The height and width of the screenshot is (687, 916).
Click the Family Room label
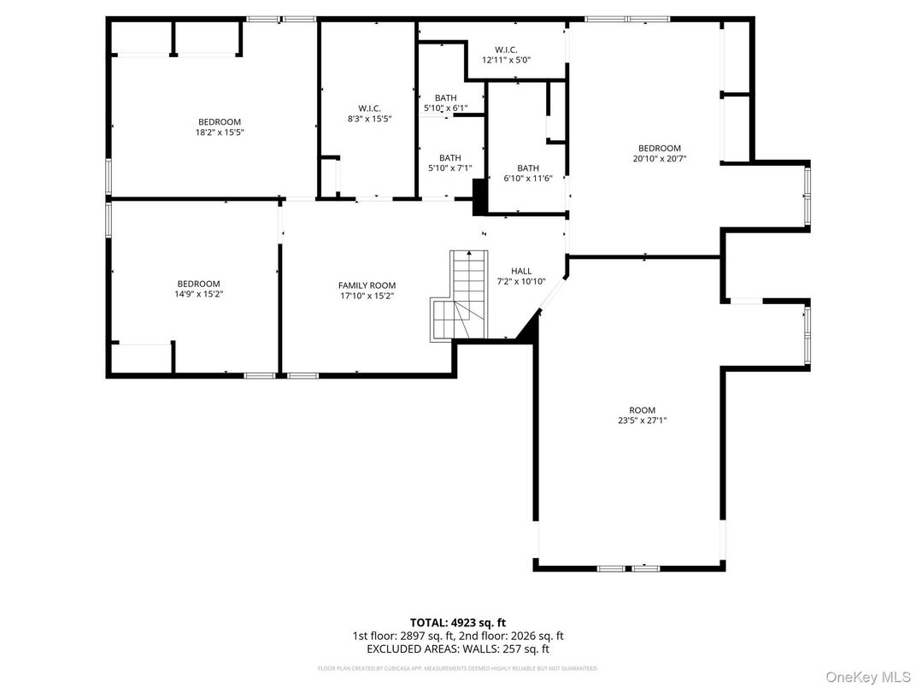(367, 285)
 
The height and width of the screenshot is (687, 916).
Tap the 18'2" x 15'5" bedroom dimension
(220, 132)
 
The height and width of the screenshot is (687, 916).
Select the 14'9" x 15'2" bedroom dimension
(198, 294)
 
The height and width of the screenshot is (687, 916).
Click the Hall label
(521, 271)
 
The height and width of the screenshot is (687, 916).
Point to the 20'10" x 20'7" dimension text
(660, 158)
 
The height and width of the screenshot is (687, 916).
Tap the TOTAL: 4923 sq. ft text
(457, 623)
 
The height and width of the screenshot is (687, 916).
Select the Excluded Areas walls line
(457, 649)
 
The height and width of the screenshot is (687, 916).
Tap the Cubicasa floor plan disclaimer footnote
(457, 668)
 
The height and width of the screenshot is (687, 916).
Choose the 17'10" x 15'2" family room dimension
(367, 296)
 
